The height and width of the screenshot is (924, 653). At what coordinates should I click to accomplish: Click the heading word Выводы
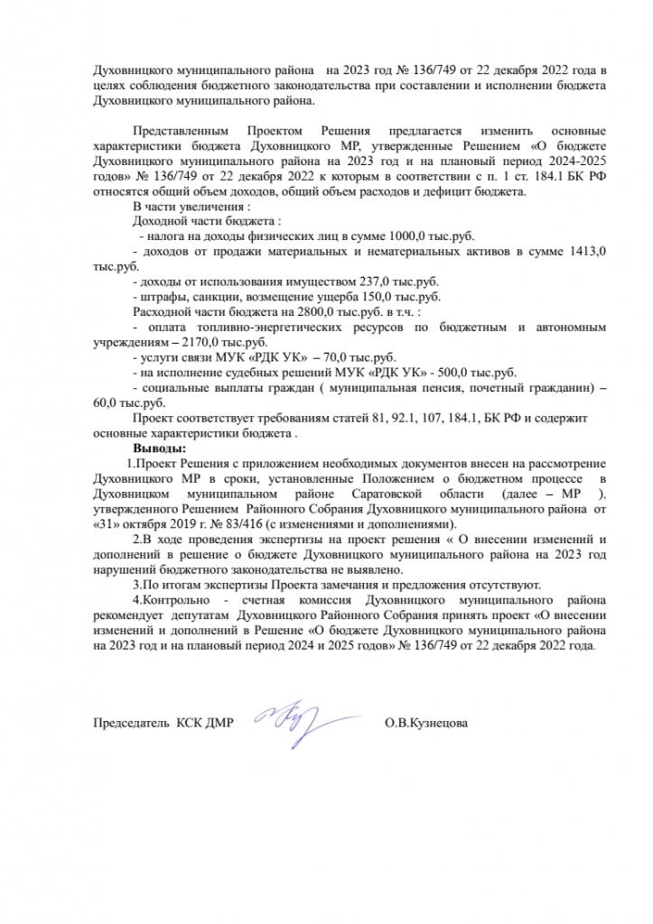pos(160,448)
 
